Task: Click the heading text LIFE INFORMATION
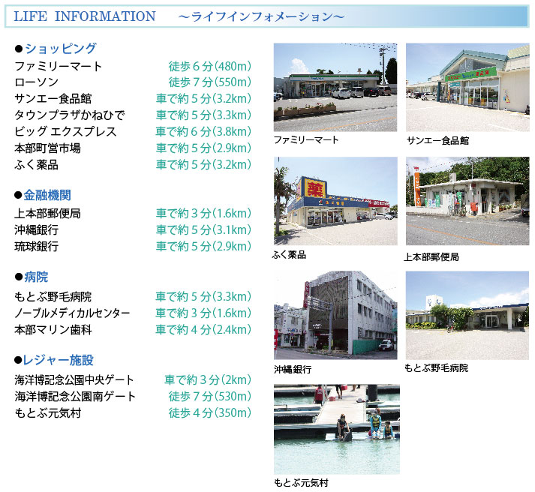tap(84, 16)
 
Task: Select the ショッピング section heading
tap(61, 49)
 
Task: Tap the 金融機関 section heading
tap(47, 195)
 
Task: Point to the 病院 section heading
tap(36, 277)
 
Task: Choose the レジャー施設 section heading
tap(58, 360)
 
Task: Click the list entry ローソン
tap(36, 82)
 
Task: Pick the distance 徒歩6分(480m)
tap(210, 66)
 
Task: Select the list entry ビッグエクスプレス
tap(65, 131)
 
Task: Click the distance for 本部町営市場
tap(203, 148)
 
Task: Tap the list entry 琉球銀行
tap(36, 246)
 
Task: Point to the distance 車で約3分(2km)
tap(208, 379)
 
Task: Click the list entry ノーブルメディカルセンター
tap(72, 313)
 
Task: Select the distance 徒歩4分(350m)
tap(210, 413)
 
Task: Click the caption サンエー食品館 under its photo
tap(437, 140)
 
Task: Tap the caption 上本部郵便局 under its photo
tap(431, 256)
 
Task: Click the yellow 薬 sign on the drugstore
tap(314, 187)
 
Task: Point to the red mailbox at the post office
tap(474, 206)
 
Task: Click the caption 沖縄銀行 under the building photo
tap(293, 369)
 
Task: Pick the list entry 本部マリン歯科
tap(53, 330)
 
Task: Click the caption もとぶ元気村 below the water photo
tap(302, 482)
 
